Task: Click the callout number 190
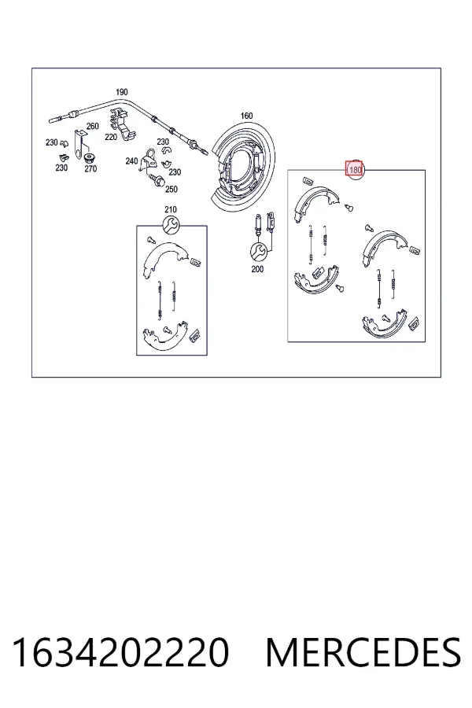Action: pyautogui.click(x=121, y=92)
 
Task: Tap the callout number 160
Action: pyautogui.click(x=246, y=116)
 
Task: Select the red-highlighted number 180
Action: pyautogui.click(x=355, y=170)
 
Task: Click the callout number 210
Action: pyautogui.click(x=171, y=209)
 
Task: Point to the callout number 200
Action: pyautogui.click(x=257, y=269)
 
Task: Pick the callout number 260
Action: pyautogui.click(x=93, y=126)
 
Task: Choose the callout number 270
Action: pyautogui.click(x=90, y=169)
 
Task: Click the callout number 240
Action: pyautogui.click(x=131, y=161)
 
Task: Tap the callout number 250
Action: pyautogui.click(x=171, y=189)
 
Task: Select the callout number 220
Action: pyautogui.click(x=111, y=137)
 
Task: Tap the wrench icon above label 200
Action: pyautogui.click(x=257, y=251)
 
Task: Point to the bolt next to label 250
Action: pyautogui.click(x=157, y=181)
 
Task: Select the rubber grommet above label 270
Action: pyautogui.click(x=89, y=158)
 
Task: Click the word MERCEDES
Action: pyautogui.click(x=363, y=653)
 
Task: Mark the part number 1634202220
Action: pyautogui.click(x=120, y=653)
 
